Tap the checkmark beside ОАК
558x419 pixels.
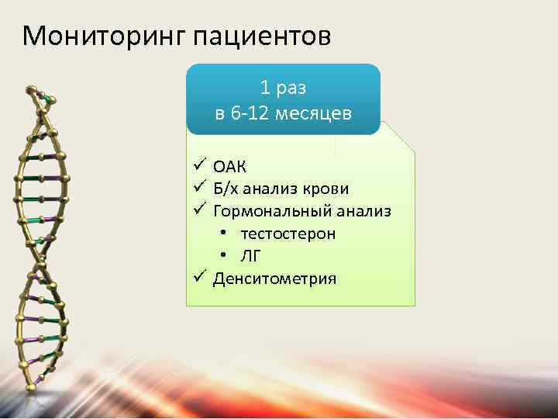point(199,164)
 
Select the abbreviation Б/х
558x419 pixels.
point(226,189)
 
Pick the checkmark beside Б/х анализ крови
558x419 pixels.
point(199,187)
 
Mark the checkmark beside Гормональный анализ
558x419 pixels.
point(199,209)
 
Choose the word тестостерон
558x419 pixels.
point(288,234)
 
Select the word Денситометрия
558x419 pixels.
point(275,279)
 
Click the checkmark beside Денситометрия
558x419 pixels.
point(199,277)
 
